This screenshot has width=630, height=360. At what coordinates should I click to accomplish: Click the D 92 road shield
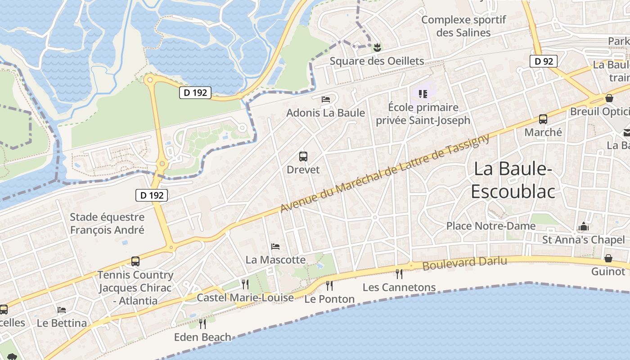[x=544, y=61]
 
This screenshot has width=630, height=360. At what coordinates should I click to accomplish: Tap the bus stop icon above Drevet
[x=303, y=157]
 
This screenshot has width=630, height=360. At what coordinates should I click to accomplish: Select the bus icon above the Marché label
[x=543, y=119]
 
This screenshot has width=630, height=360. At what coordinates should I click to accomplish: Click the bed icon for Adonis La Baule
[x=326, y=99]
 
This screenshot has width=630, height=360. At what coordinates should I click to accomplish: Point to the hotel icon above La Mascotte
[x=275, y=246]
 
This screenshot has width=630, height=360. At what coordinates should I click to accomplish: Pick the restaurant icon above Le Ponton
[x=329, y=285]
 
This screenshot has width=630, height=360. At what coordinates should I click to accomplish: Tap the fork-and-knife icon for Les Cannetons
[x=399, y=273]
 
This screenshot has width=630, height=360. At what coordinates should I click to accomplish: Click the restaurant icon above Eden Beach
[x=202, y=324]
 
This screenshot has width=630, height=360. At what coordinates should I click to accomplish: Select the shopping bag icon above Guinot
[x=608, y=258]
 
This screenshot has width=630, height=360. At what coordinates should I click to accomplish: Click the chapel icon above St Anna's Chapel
[x=584, y=226]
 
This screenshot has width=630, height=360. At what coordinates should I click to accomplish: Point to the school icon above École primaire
[x=423, y=94]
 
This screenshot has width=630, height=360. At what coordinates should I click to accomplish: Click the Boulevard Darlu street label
[x=464, y=263]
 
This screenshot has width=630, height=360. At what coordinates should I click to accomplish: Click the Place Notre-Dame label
[x=490, y=226]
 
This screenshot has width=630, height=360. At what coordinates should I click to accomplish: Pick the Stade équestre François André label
[x=107, y=223]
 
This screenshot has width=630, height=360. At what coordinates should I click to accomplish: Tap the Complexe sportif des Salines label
[x=463, y=26]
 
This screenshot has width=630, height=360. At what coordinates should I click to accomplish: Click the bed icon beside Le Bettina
[x=62, y=310]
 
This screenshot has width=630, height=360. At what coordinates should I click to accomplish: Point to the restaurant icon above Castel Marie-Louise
[x=245, y=284]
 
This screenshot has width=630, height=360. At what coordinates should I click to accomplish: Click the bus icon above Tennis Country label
[x=135, y=261]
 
